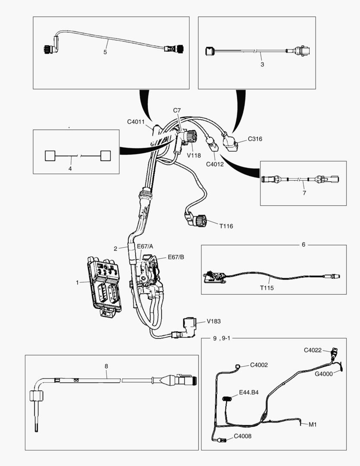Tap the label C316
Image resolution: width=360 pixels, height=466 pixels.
(x=255, y=139)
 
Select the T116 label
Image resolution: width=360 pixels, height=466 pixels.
(x=226, y=226)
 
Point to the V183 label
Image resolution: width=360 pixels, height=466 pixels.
(x=214, y=321)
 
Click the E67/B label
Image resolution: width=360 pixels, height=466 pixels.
(x=175, y=257)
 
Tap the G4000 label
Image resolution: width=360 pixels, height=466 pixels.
(x=323, y=374)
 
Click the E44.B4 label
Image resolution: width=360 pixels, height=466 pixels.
(x=249, y=393)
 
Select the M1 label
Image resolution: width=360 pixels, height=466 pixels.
(x=313, y=424)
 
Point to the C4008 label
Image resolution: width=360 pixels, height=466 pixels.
(x=242, y=436)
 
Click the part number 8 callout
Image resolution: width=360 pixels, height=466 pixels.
(x=106, y=366)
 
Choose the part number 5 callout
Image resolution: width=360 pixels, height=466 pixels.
(x=105, y=52)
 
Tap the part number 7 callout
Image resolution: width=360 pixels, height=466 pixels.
(x=304, y=192)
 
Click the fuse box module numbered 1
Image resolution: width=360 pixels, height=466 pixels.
(x=104, y=285)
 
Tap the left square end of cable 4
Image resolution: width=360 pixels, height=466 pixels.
(x=50, y=155)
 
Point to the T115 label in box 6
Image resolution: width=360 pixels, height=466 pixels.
(x=267, y=287)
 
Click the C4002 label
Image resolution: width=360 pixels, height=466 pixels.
(x=259, y=365)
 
